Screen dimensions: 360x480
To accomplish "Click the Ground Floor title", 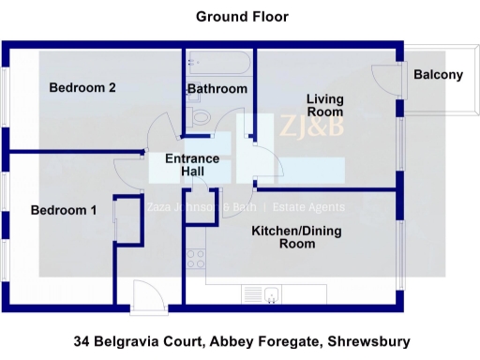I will point(242,17).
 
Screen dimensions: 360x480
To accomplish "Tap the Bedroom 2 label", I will point(82,88).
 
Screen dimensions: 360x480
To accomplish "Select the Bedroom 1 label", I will point(64,210).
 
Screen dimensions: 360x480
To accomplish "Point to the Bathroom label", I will point(217,89).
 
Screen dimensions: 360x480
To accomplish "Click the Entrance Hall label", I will point(192,166).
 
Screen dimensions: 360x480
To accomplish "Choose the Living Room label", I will point(325,105).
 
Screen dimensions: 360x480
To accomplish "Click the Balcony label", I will point(438,75).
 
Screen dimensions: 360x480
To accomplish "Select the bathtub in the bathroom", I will point(217,64).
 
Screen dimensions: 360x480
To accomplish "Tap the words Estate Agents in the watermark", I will point(309,207).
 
